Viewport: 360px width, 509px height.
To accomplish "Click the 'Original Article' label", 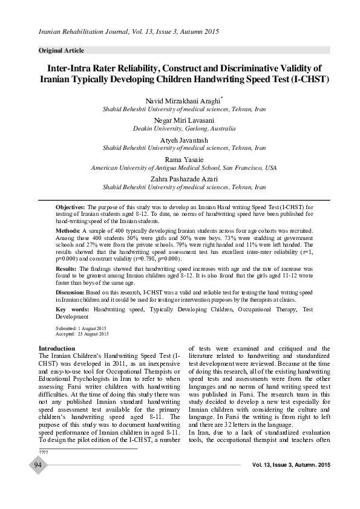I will point(61,50).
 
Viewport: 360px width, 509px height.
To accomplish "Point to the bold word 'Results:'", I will point(66,268).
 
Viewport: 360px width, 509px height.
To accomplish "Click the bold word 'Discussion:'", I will point(70,292).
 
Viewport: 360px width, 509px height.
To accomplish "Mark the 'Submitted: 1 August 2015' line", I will point(80,328).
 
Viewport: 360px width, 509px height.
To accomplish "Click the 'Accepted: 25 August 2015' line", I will point(82,334).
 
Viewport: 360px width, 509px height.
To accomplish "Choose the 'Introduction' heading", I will point(57,349).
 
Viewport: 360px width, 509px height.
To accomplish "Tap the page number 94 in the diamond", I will point(38,465).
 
